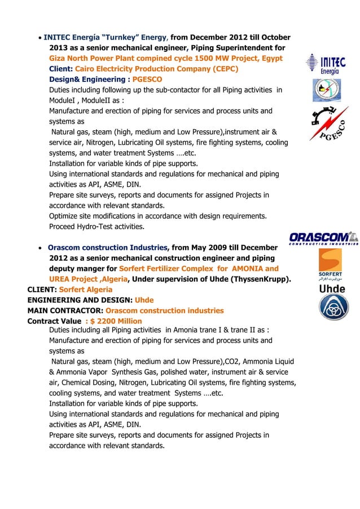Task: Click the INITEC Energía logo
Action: [326, 64]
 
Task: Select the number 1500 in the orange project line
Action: [207, 59]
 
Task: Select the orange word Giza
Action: [59, 59]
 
